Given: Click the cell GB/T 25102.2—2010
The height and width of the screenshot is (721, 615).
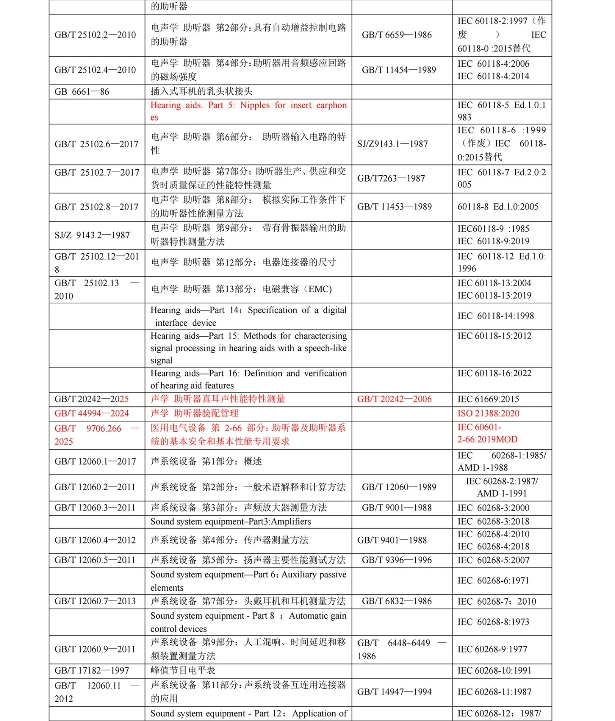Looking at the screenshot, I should point(95,35).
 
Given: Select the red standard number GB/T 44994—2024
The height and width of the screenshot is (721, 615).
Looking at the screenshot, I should point(91,413).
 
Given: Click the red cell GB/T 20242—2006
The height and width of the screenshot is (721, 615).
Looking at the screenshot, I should point(394,399).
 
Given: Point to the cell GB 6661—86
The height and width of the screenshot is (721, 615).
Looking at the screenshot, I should point(82,92).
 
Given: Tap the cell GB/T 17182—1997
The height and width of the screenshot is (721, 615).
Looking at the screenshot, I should point(92,671).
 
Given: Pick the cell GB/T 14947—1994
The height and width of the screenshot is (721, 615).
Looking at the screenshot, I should point(394,692).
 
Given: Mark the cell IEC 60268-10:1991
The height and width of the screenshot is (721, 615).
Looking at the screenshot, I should point(494,671).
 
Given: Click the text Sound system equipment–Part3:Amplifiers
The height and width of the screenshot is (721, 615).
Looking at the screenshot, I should point(231,521).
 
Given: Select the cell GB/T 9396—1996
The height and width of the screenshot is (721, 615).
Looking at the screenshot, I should point(397,560).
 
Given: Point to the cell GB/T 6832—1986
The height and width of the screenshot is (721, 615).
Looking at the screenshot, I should point(397,601).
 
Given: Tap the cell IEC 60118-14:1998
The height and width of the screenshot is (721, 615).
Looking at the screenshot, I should point(496,316).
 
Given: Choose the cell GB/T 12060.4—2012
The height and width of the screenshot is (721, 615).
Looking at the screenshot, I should point(95,540).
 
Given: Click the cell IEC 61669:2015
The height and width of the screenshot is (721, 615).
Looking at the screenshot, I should point(488,399).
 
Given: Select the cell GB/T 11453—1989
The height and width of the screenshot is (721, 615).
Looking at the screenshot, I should point(394,207).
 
